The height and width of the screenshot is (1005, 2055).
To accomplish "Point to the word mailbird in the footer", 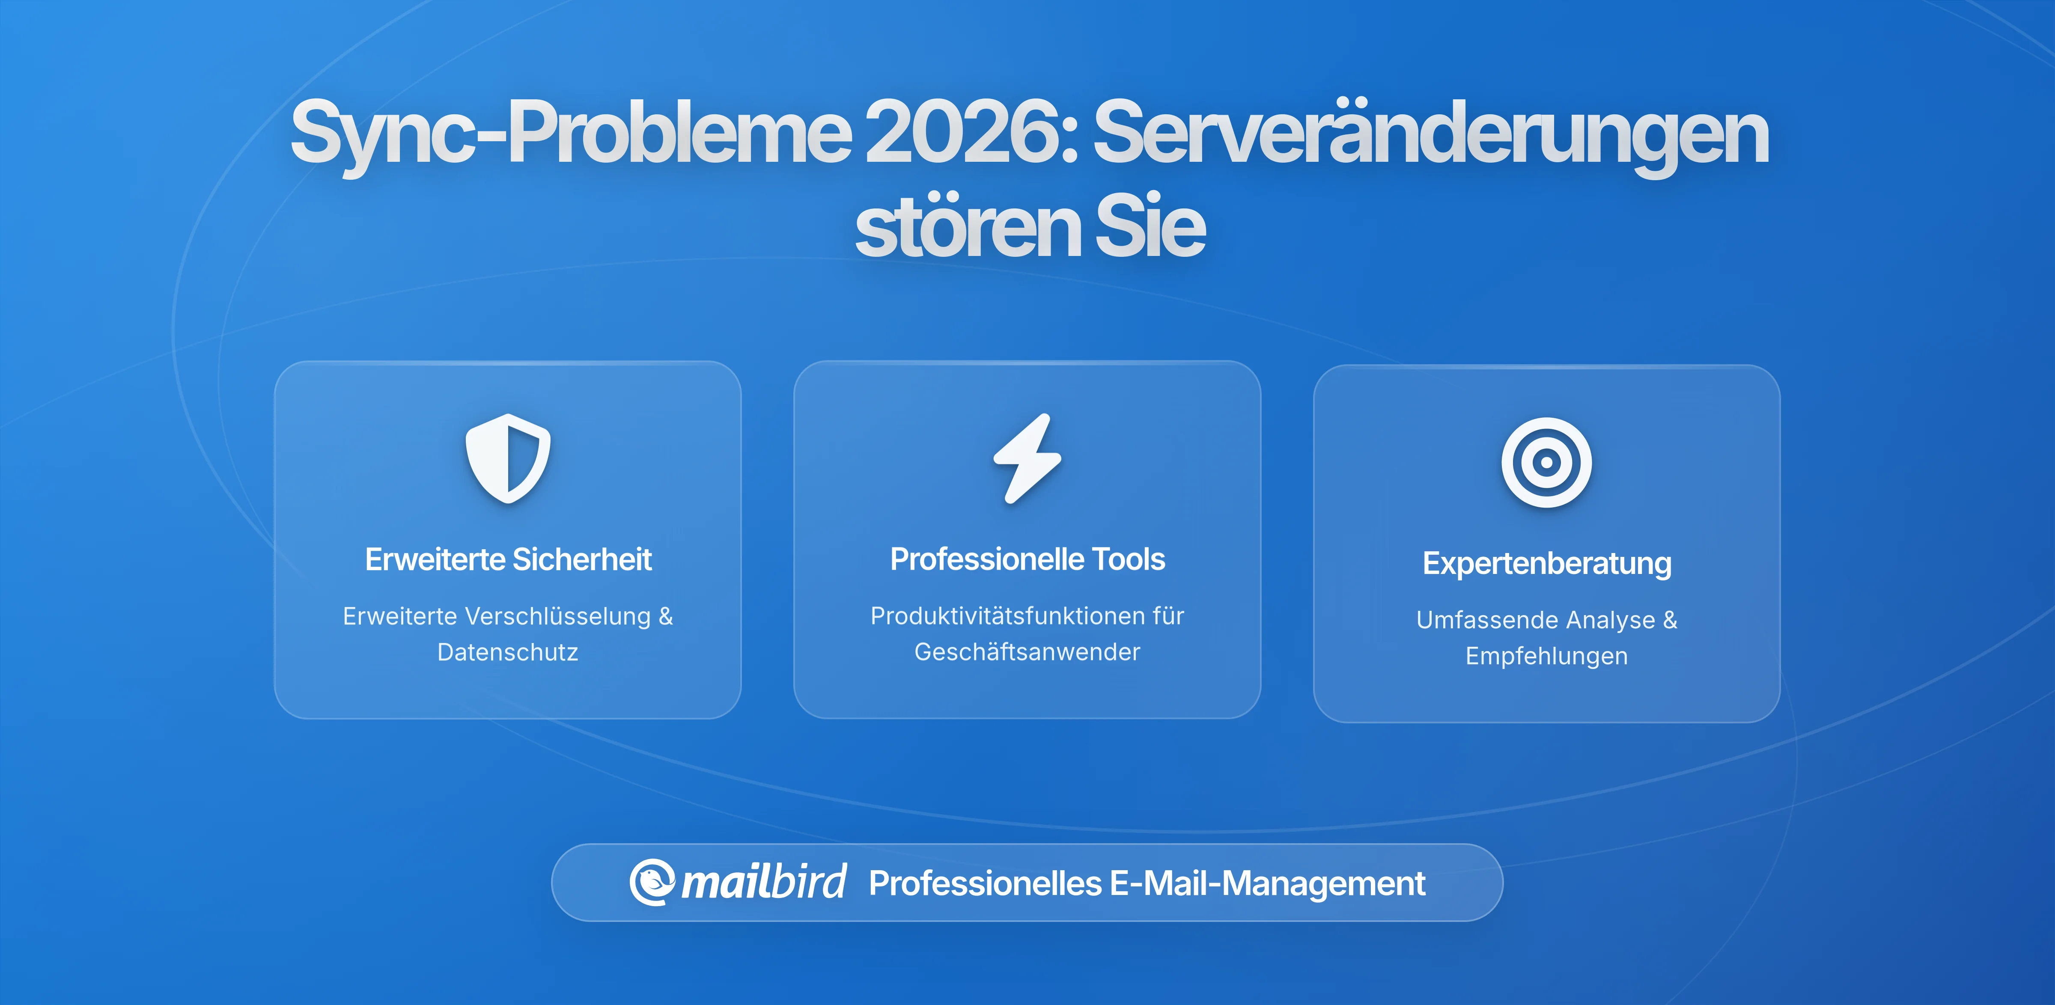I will coord(763,882).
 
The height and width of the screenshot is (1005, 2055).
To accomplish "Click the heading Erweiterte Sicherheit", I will coord(508,559).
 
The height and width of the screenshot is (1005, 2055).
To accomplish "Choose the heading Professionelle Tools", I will coord(1027,559).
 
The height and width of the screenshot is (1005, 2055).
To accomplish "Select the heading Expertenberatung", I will coord(1546,563).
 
